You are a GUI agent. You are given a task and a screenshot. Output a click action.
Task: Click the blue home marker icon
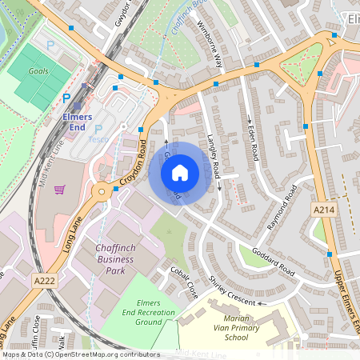tap(180, 173)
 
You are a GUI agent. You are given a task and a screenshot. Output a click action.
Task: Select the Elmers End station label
tap(78, 120)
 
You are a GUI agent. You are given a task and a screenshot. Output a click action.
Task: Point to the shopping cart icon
tap(59, 190)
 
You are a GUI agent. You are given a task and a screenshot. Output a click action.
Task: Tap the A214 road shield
tap(320, 208)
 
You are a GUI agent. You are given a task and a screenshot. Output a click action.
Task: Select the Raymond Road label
tap(282, 209)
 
